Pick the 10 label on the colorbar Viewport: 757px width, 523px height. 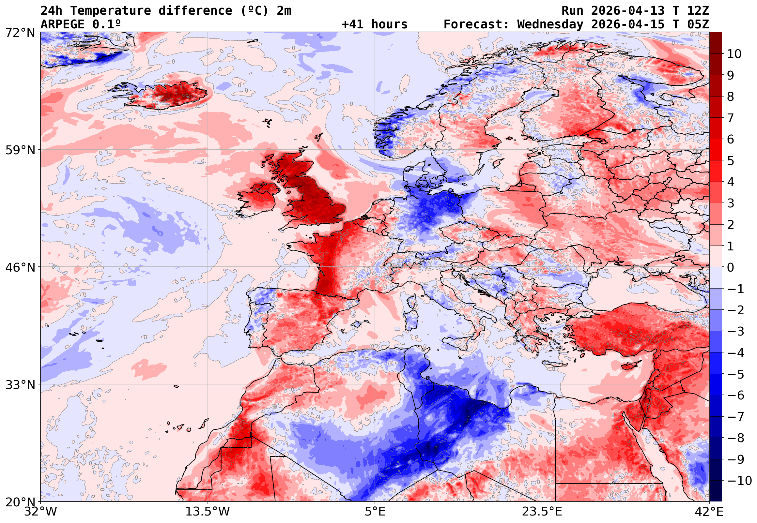[734, 54]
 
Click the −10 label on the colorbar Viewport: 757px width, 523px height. [739, 481]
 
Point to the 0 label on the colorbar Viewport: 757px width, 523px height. [731, 267]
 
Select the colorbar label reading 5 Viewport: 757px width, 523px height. [731, 161]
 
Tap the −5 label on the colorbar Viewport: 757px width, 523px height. [736, 374]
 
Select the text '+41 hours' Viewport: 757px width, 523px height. [374, 24]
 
